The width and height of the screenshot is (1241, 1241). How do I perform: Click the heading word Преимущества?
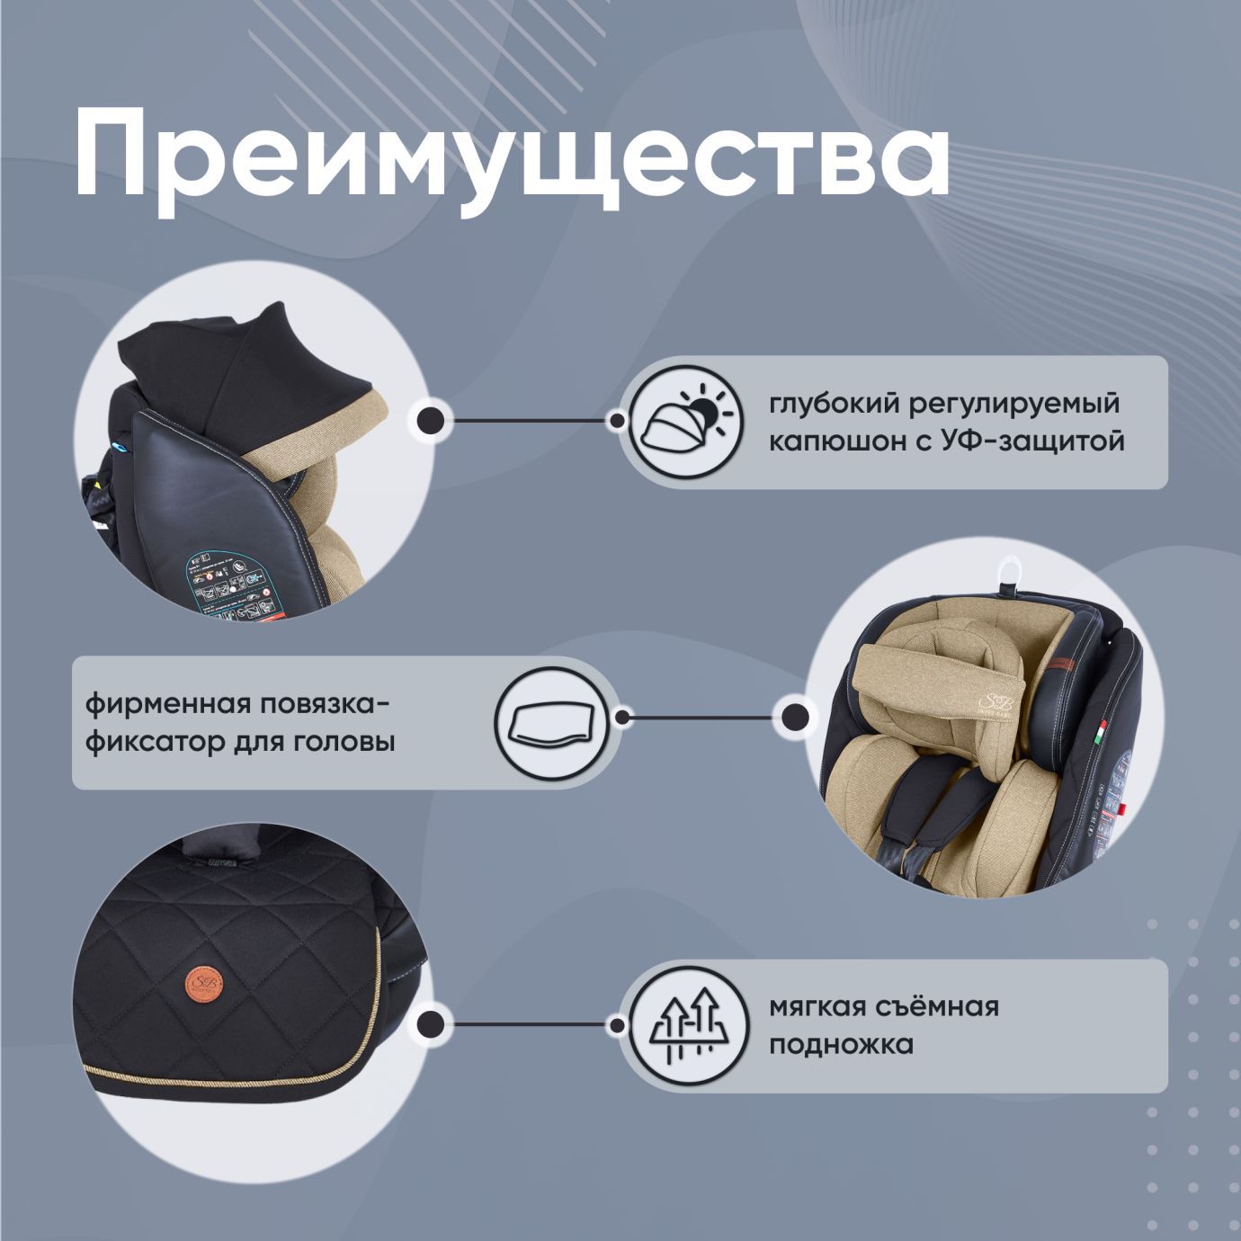(512, 153)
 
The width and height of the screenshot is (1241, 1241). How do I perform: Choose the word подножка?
(841, 1045)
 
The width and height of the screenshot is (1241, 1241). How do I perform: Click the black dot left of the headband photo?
(794, 718)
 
